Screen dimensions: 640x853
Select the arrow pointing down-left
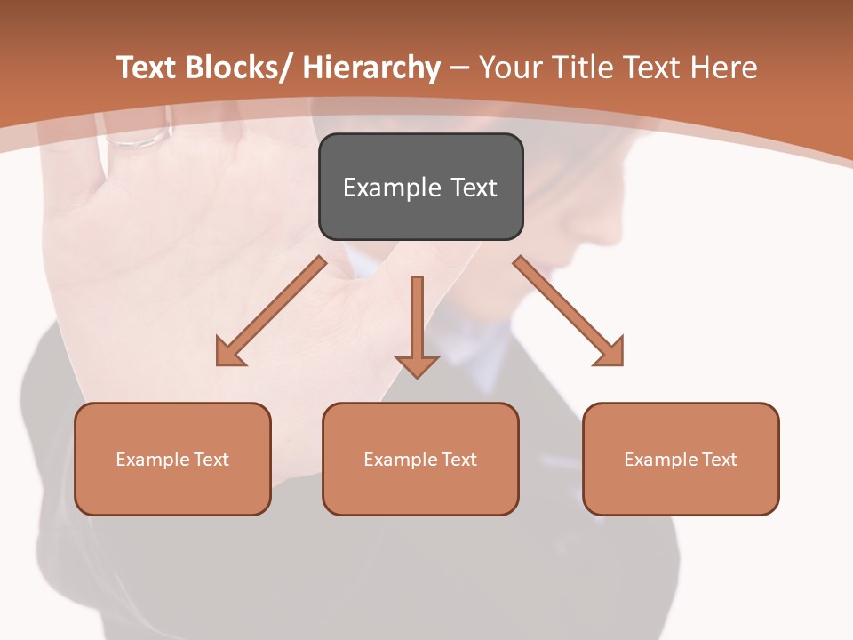pos(270,312)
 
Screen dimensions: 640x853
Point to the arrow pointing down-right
pos(569,312)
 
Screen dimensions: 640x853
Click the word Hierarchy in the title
pos(371,68)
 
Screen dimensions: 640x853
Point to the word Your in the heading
pos(511,68)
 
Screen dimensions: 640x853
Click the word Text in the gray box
pos(474,188)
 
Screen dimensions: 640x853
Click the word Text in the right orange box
pos(720,460)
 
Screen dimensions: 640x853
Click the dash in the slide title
pos(459,68)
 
